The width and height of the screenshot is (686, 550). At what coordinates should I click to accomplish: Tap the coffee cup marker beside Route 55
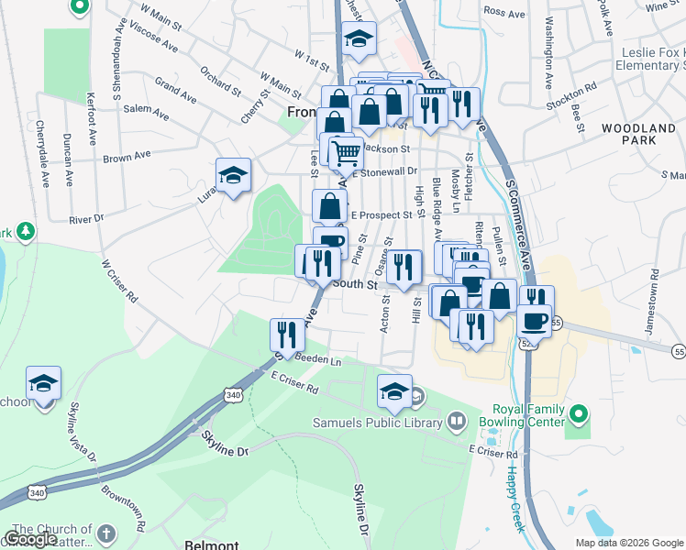coord(534,321)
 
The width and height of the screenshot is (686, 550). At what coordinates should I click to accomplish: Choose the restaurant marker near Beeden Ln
coord(287,335)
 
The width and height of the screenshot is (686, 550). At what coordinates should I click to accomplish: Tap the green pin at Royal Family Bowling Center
coord(578,415)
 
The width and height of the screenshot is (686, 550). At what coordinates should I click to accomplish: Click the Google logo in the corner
coord(30,539)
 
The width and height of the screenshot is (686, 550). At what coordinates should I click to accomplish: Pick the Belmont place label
coord(212,543)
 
